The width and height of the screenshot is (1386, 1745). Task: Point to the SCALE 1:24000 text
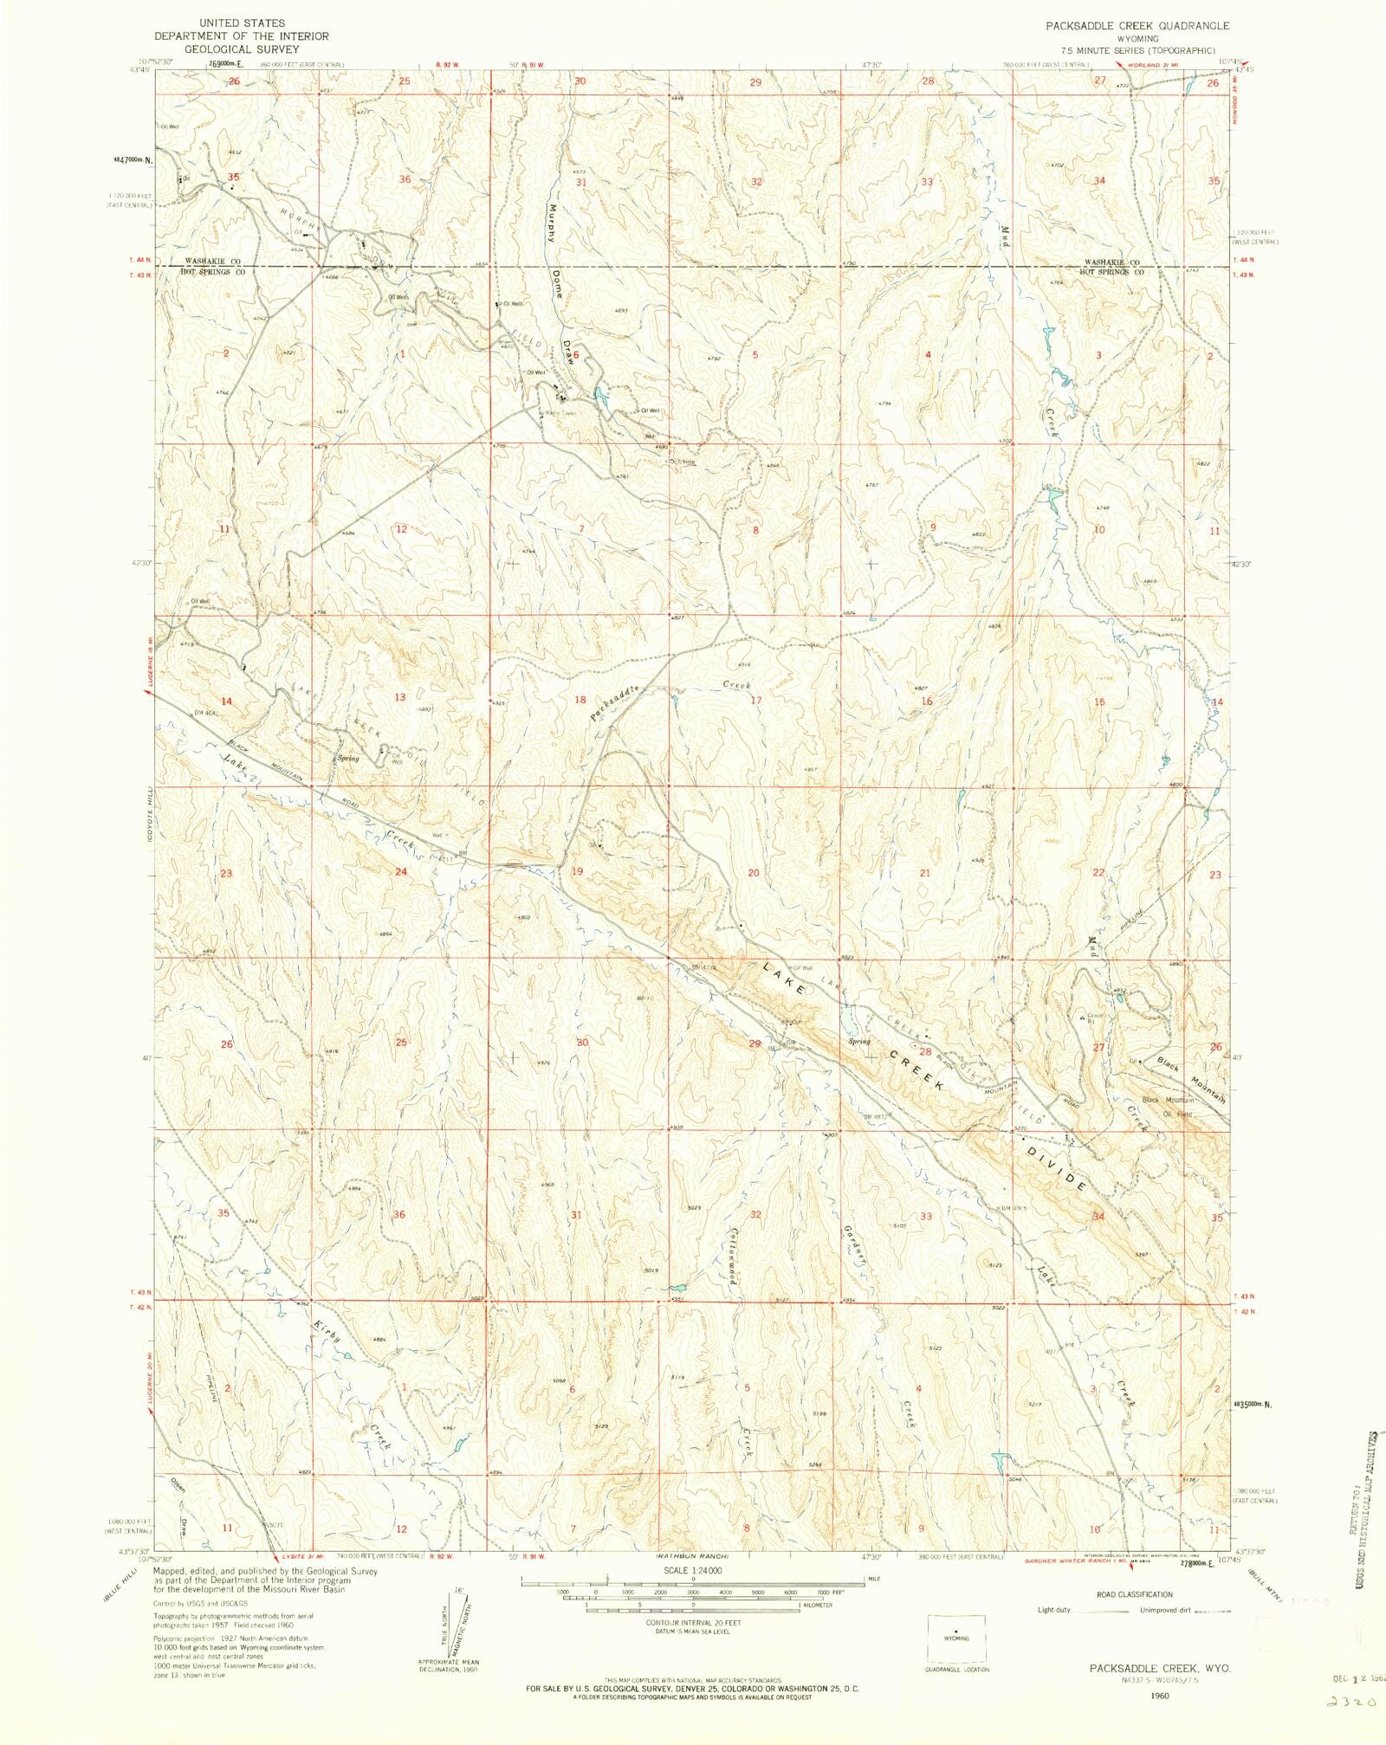693,1570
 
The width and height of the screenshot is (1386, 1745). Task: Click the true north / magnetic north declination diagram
450,1627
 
